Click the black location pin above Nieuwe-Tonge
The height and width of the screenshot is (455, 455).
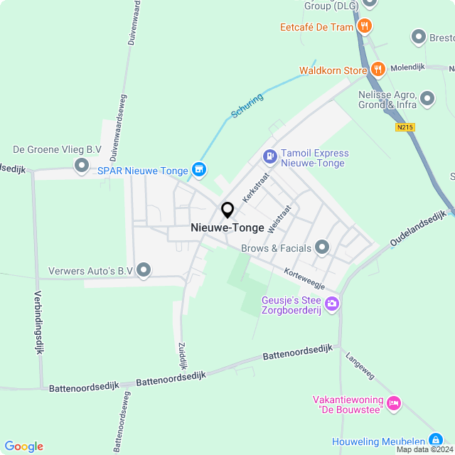pyautogui.click(x=227, y=210)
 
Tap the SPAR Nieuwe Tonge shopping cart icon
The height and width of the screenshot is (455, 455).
pyautogui.click(x=199, y=169)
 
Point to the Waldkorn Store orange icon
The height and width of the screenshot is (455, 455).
pyautogui.click(x=378, y=70)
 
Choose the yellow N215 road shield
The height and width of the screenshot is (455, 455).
pyautogui.click(x=405, y=128)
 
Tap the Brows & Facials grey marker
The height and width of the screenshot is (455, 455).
pyautogui.click(x=322, y=247)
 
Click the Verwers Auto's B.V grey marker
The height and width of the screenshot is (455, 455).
pyautogui.click(x=144, y=269)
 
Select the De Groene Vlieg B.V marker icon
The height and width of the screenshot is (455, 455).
pyautogui.click(x=82, y=166)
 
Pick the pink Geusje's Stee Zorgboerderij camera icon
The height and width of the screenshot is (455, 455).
pyautogui.click(x=332, y=304)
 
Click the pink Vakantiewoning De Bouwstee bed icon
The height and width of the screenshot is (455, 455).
pyautogui.click(x=393, y=404)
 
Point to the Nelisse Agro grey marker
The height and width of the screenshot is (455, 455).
pyautogui.click(x=427, y=98)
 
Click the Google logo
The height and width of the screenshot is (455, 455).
pyautogui.click(x=23, y=446)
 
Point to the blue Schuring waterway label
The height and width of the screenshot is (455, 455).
pyautogui.click(x=247, y=105)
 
